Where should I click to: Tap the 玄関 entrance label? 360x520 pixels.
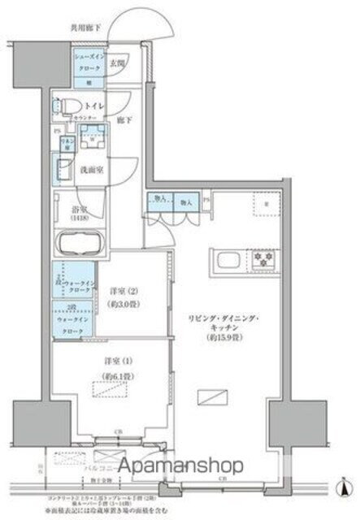pyautogui.click(x=118, y=63)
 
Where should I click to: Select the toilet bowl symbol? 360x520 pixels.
pyautogui.click(x=64, y=105)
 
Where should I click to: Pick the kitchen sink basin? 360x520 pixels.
pyautogui.click(x=226, y=261)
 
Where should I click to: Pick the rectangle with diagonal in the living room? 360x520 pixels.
pyautogui.click(x=213, y=397)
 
